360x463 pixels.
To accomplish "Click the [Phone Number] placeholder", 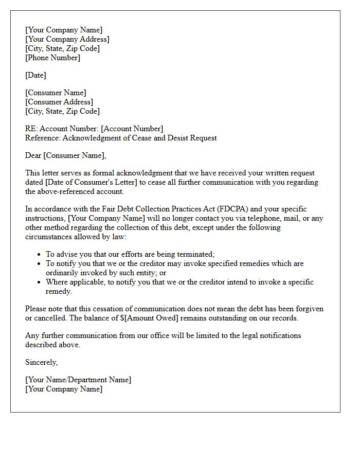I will (53, 58).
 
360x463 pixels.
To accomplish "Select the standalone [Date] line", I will (35, 75).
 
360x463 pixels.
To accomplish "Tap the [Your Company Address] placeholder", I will (67, 39).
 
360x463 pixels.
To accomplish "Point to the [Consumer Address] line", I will (59, 102).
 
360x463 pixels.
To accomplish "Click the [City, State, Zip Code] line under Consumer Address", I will (62, 111).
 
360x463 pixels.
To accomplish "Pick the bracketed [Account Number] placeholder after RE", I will (132, 129).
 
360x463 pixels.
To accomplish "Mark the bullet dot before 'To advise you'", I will (40, 255).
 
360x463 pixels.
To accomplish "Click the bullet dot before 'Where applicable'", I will (40, 282).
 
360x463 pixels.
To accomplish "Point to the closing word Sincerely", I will (41, 362).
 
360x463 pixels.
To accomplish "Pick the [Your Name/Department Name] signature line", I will (78, 380).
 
